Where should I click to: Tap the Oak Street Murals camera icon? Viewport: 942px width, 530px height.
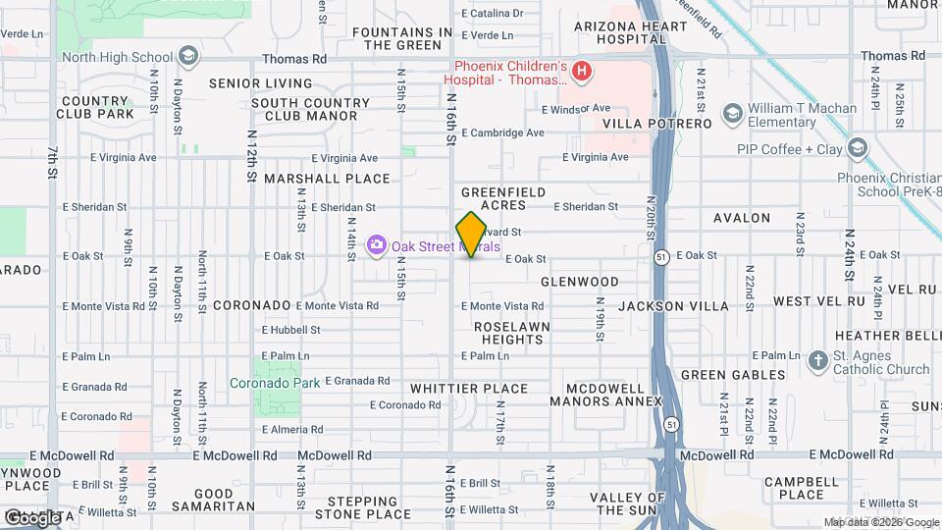376,245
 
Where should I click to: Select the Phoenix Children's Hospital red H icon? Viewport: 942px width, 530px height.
582,71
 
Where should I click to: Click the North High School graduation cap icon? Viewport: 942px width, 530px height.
189,56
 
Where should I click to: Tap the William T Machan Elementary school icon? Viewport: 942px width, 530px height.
731,114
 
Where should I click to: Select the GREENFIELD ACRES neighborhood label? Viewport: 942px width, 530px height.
508,198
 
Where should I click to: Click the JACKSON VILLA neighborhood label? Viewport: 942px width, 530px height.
673,306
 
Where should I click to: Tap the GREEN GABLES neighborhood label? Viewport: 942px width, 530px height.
733,375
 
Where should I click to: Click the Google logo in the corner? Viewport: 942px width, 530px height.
31,517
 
